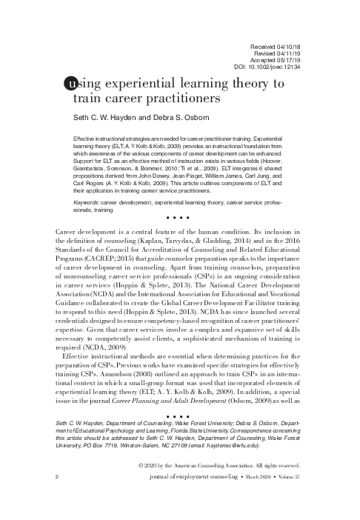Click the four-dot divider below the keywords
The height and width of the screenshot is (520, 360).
tap(179, 218)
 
